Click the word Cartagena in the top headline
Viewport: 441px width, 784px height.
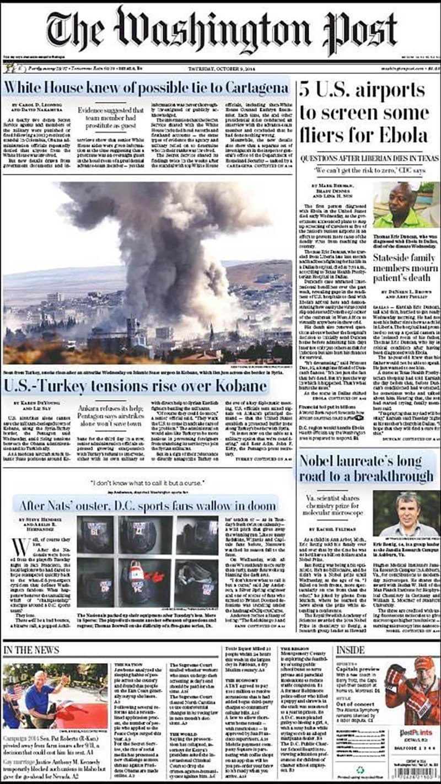(x=250, y=88)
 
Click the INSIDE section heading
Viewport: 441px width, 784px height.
(x=351, y=650)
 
